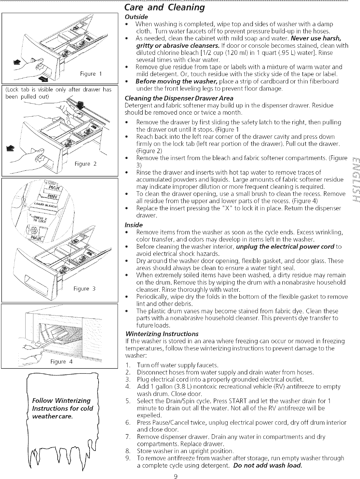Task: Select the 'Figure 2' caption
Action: [x=86, y=164]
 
